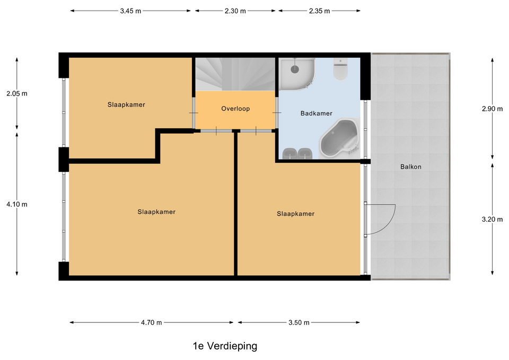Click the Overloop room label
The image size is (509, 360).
235,109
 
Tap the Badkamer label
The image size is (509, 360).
317,113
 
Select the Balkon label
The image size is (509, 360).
411,167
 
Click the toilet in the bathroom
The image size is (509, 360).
340,69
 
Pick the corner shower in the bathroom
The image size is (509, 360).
296,73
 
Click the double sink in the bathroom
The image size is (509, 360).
297,153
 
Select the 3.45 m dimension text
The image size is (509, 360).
130,11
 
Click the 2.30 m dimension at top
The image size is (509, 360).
235,11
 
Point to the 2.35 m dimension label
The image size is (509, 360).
319,11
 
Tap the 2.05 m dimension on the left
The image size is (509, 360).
16,94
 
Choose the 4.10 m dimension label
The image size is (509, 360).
16,204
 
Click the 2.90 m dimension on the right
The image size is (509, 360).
492,109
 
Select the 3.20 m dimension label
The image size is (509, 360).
492,219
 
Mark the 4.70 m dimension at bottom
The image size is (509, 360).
151,322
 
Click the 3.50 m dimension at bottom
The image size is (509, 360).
299,322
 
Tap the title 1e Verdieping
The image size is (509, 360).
225,346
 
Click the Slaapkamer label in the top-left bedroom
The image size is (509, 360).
126,105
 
